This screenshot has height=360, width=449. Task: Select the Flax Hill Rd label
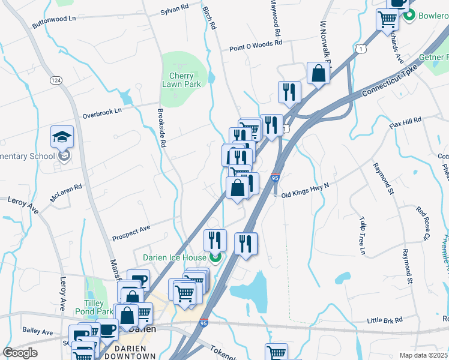tap(406, 124)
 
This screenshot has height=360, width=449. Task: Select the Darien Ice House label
tap(174, 258)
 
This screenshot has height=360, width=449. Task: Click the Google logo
tap(20, 353)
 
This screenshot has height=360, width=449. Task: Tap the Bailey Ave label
tap(37, 332)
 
